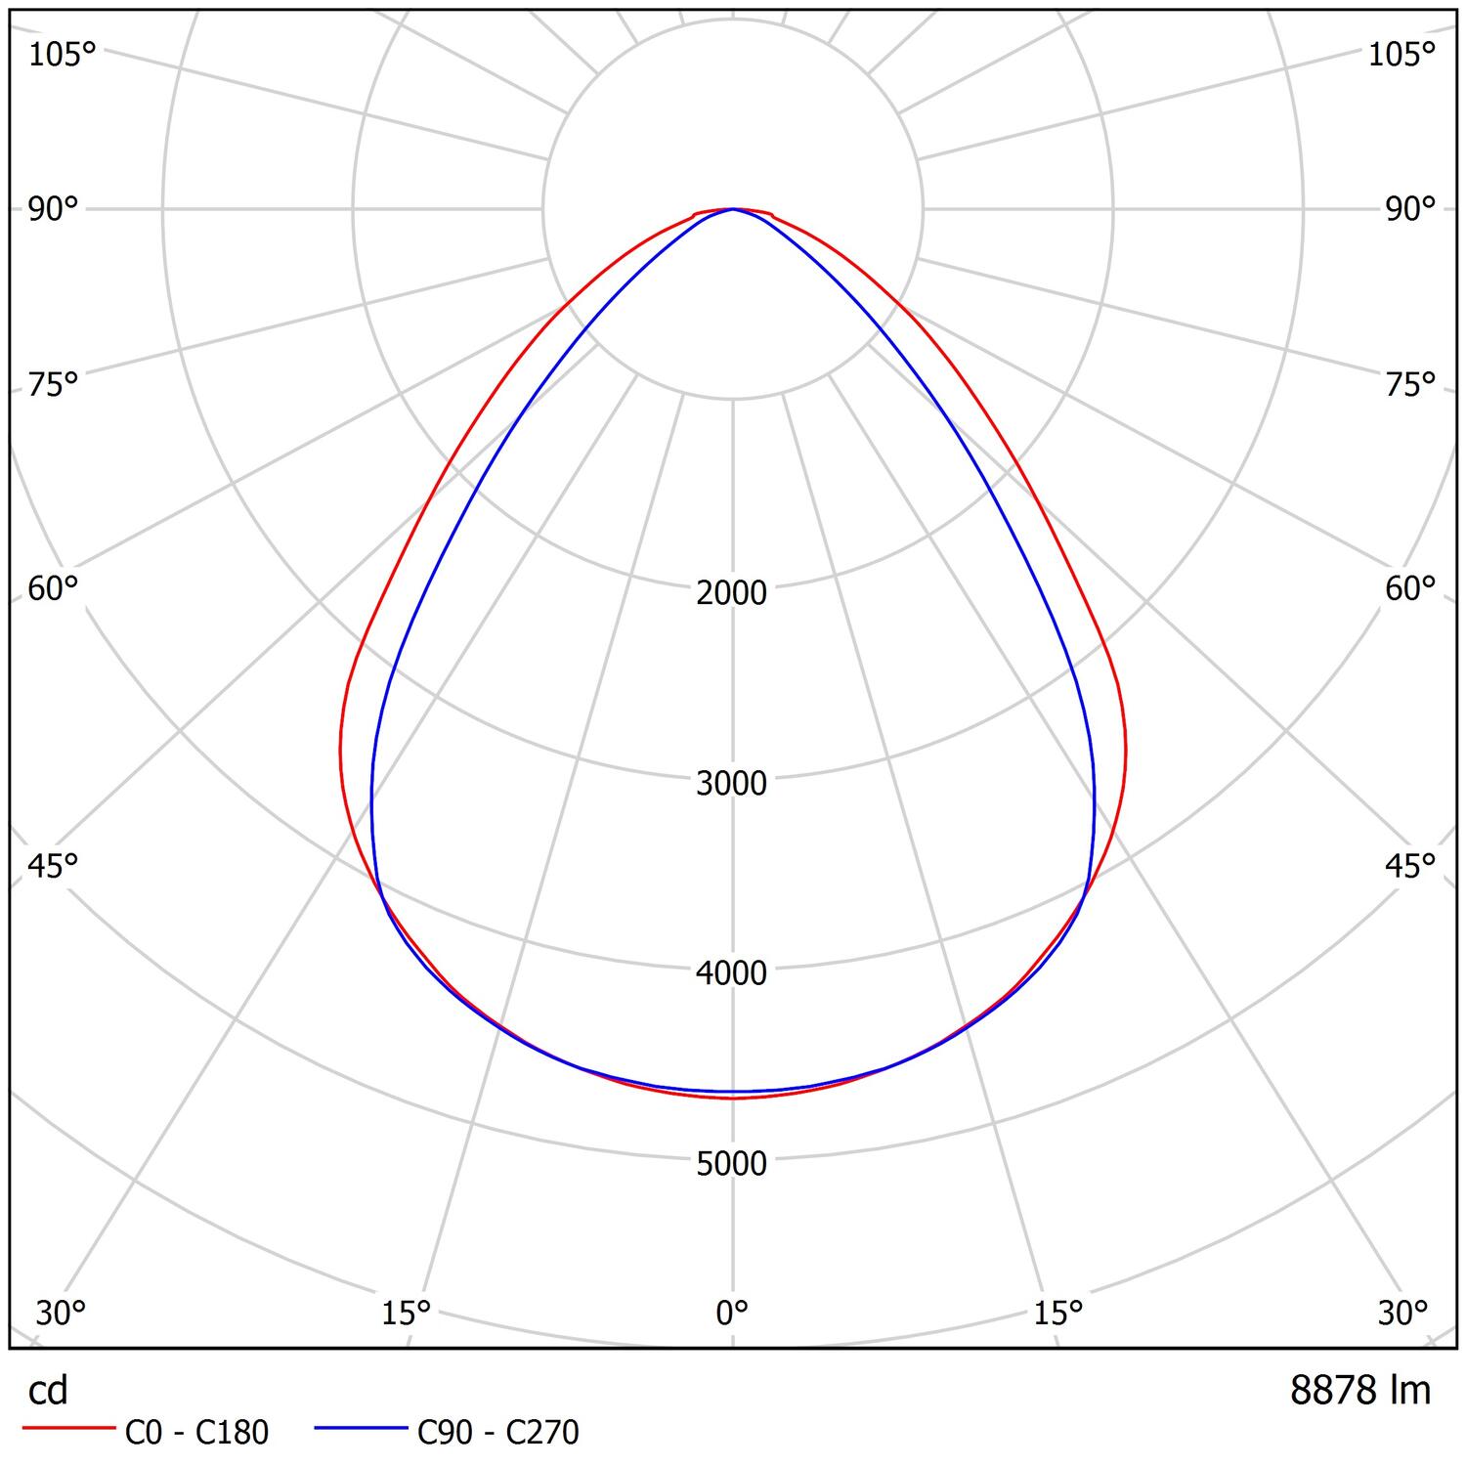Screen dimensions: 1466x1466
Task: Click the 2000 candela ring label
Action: pyautogui.click(x=732, y=592)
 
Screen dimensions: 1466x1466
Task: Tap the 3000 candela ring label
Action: pyautogui.click(x=732, y=783)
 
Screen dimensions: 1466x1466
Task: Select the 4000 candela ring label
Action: pyautogui.click(x=732, y=972)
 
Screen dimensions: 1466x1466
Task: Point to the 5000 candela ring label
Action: pyautogui.click(x=732, y=1163)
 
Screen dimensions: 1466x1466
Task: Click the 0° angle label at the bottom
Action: pyautogui.click(x=732, y=1313)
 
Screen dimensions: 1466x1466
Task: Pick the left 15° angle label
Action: pyautogui.click(x=407, y=1313)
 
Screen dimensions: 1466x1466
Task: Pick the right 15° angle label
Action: pyautogui.click(x=1058, y=1313)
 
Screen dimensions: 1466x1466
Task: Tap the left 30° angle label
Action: pyautogui.click(x=61, y=1313)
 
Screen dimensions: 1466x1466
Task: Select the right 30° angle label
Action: pyautogui.click(x=1403, y=1313)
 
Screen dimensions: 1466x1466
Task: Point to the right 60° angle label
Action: pyautogui.click(x=1410, y=588)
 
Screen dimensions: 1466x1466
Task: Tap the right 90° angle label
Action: pyautogui.click(x=1410, y=208)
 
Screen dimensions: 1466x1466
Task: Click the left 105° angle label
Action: pyautogui.click(x=62, y=55)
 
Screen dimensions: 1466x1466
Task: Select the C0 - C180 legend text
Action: pyautogui.click(x=196, y=1432)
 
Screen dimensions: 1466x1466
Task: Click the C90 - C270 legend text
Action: pyautogui.click(x=498, y=1432)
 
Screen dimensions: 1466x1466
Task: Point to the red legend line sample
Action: pyautogui.click(x=67, y=1429)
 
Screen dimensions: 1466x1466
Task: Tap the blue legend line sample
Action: pyautogui.click(x=361, y=1429)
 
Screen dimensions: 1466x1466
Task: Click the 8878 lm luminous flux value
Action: pyautogui.click(x=1360, y=1390)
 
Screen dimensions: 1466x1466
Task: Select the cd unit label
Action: pyautogui.click(x=48, y=1390)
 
